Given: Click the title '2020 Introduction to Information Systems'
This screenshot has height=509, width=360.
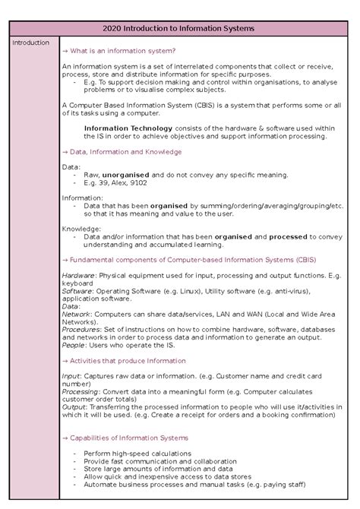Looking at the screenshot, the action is click(180, 28).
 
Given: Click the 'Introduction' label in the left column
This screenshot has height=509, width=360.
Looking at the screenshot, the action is click(30, 43).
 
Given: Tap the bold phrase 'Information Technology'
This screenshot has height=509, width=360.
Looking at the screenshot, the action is click(128, 128).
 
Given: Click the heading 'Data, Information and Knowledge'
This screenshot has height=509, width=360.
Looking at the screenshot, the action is click(125, 151).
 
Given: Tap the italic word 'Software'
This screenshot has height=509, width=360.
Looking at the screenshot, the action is click(77, 291).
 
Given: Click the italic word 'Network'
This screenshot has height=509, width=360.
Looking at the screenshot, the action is click(76, 313).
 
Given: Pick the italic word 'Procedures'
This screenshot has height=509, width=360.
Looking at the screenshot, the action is click(80, 330).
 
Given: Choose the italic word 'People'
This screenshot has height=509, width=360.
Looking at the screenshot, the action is click(74, 345).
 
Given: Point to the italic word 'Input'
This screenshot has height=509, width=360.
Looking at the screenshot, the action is click(71, 376).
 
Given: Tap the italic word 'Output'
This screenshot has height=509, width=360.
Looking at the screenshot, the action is click(74, 407).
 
